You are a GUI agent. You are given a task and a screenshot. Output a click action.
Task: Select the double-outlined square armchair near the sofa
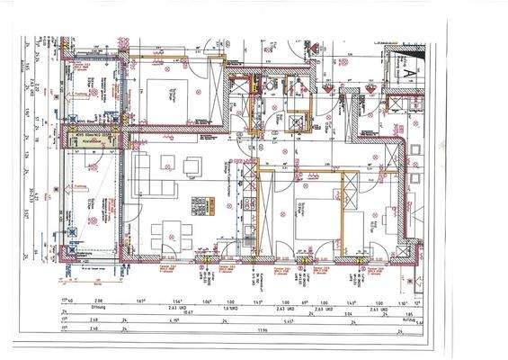pyautogui.click(x=192, y=166)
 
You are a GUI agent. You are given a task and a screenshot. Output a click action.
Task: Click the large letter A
pyautogui.click(x=406, y=65)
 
